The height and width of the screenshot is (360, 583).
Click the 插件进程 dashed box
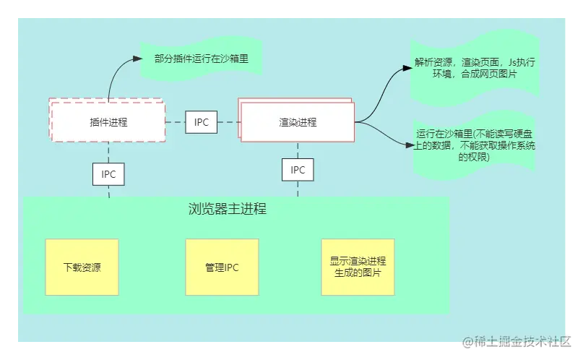[x=108, y=122]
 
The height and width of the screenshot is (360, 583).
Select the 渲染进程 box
[x=298, y=122]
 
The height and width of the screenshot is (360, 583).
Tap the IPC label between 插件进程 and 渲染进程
[x=202, y=122]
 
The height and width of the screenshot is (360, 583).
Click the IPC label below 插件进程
[x=108, y=174]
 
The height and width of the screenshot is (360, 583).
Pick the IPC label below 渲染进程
[x=298, y=170]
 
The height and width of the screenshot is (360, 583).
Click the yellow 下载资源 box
[x=82, y=267]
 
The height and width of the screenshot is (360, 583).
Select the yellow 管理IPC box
[x=222, y=267]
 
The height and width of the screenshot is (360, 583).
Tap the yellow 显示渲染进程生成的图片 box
[x=358, y=267]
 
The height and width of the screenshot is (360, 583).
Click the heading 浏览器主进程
[x=228, y=210]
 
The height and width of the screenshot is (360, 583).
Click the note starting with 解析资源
[x=474, y=69]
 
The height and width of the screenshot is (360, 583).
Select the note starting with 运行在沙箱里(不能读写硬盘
[x=474, y=145]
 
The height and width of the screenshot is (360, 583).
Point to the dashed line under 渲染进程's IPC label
[x=298, y=188]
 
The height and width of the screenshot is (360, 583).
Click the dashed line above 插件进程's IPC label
[x=108, y=153]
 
